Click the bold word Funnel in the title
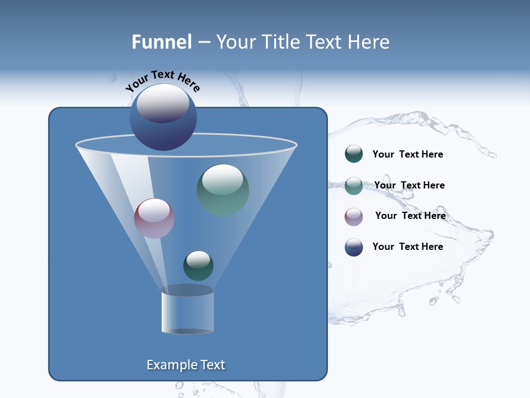click(x=161, y=42)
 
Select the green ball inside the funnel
click(x=223, y=190)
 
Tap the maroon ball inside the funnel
click(x=154, y=218)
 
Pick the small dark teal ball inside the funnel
click(x=198, y=266)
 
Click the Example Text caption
click(x=186, y=365)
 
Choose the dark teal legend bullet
click(x=354, y=154)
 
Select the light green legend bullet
click(x=354, y=186)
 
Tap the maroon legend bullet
click(x=354, y=217)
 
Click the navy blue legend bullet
click(x=354, y=247)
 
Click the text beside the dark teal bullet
click(x=407, y=154)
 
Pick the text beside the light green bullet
click(x=409, y=185)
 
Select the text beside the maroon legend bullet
click(x=410, y=216)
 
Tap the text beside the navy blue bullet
click(x=407, y=247)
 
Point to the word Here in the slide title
click(x=369, y=42)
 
